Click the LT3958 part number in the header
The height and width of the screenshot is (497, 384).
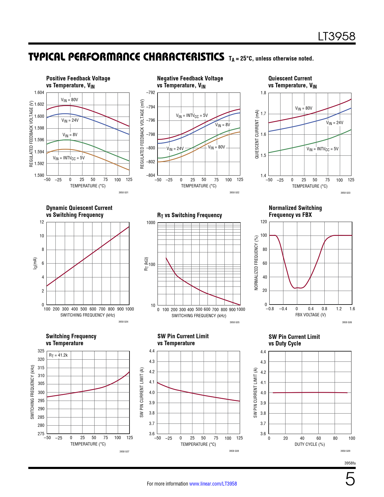click(x=336, y=36)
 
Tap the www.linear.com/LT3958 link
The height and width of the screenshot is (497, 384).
click(x=213, y=484)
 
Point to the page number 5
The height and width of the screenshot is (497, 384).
click(x=350, y=479)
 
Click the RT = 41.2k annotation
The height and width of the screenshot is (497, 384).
click(x=58, y=355)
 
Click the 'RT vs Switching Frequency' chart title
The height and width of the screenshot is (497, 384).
click(x=189, y=215)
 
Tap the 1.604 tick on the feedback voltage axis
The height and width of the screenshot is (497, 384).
click(x=39, y=92)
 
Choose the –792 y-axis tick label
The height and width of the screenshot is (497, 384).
click(x=151, y=92)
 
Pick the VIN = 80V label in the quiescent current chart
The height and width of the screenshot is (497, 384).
click(x=304, y=108)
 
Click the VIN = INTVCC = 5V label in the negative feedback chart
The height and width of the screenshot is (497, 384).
click(x=192, y=116)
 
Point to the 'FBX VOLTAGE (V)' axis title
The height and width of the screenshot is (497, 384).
click(x=311, y=315)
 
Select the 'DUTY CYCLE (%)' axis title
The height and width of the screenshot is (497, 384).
click(x=310, y=444)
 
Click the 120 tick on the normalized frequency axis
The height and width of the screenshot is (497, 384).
click(x=264, y=222)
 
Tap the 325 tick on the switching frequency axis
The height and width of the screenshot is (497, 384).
click(x=41, y=351)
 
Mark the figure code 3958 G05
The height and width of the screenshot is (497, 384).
click(x=234, y=322)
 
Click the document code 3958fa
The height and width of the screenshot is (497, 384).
click(x=350, y=463)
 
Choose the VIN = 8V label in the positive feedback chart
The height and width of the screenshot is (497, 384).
click(x=70, y=135)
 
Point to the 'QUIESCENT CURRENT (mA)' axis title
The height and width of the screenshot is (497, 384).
click(x=257, y=134)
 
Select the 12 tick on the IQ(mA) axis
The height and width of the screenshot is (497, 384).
click(x=42, y=222)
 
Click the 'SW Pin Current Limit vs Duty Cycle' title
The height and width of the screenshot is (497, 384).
click(x=294, y=340)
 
